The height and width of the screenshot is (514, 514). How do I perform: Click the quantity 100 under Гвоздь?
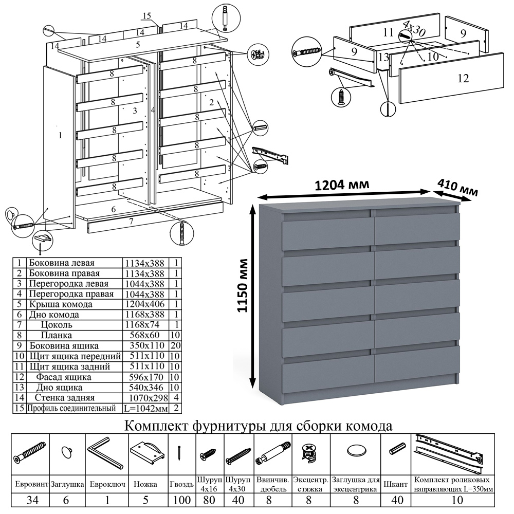tap(181, 501)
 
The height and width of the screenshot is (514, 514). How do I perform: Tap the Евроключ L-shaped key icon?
tap(105, 453)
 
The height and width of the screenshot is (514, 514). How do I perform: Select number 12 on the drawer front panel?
tap(463, 78)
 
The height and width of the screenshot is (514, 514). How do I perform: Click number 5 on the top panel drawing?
tap(138, 45)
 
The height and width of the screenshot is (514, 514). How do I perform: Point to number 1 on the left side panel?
tap(60, 136)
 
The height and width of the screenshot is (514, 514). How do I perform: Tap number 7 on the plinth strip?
tap(131, 222)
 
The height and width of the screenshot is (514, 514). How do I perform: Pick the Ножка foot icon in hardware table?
tap(148, 452)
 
